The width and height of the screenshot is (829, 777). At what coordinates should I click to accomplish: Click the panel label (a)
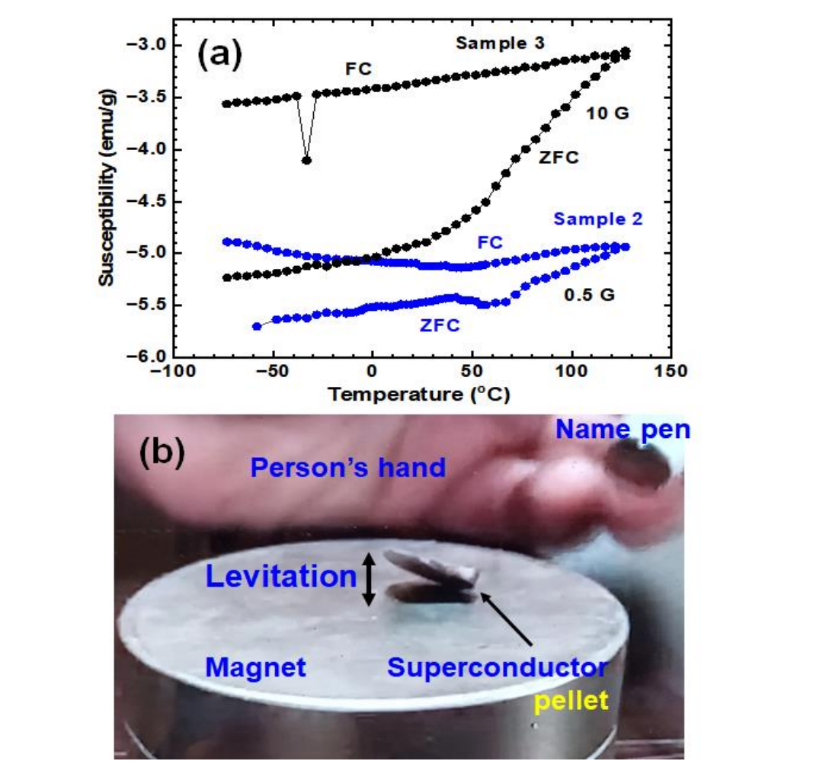point(219,56)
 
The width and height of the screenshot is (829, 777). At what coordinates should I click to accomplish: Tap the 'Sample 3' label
point(501,43)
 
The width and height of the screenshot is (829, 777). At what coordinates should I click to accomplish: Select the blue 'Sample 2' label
point(598,219)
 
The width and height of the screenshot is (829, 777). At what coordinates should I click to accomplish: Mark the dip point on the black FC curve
point(306,160)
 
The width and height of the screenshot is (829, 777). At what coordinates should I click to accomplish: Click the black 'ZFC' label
point(559,158)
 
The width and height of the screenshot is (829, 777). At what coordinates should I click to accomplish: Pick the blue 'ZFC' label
point(440,326)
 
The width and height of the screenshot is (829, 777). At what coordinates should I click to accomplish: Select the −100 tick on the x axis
point(173,371)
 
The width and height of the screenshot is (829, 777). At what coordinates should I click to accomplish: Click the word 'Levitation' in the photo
point(281,577)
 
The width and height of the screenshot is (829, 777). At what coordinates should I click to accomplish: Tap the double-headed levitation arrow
point(369,579)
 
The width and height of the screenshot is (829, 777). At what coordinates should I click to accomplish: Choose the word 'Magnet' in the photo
point(255,668)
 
